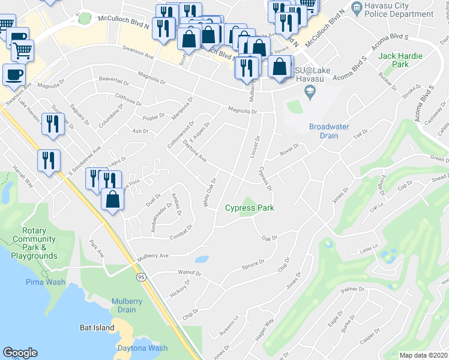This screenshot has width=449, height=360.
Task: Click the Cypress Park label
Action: click(249, 208)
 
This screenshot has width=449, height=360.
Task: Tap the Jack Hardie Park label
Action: click(400, 59)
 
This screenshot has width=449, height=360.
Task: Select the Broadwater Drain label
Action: click(332, 131)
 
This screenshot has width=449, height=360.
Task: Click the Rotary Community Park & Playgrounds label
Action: click(38, 243)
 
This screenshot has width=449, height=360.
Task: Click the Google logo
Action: click(20, 353)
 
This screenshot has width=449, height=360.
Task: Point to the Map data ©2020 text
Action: click(423, 355)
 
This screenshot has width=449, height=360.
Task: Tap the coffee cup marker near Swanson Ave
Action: click(14, 75)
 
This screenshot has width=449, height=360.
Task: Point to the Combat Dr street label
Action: click(181, 232)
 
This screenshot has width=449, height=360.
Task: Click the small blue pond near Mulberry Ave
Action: click(202, 260)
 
